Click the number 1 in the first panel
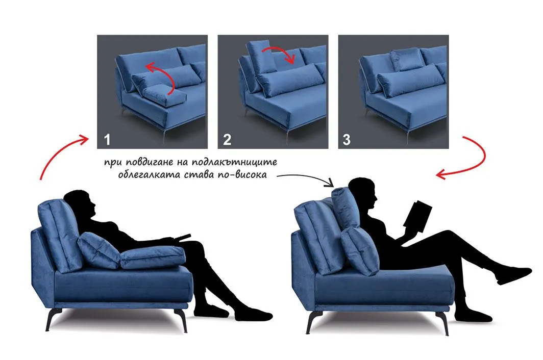(x=107, y=140)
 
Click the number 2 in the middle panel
(x=227, y=140)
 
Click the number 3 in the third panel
(x=347, y=140)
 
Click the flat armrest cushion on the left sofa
(x=153, y=258)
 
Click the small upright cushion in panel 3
(x=407, y=59)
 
